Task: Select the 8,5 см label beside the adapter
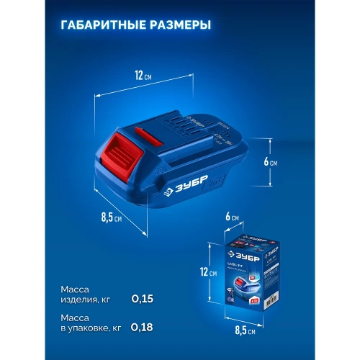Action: pyautogui.click(x=110, y=215)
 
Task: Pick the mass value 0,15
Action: pyautogui.click(x=143, y=297)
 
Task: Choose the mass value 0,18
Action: pyautogui.click(x=143, y=327)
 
